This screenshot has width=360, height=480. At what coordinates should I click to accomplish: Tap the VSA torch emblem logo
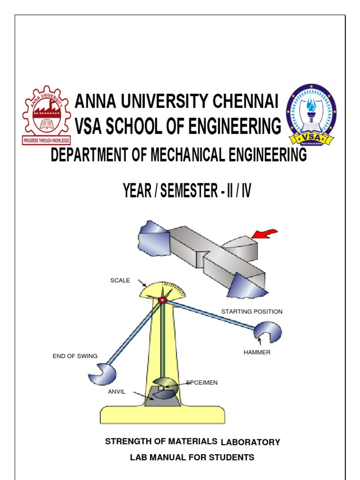click(x=311, y=114)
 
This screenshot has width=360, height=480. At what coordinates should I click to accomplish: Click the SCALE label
click(x=120, y=280)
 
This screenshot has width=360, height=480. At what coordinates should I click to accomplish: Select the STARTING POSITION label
click(x=252, y=312)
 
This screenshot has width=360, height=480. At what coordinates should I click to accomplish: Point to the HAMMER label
click(x=257, y=352)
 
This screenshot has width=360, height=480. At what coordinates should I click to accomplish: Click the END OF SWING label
click(x=75, y=356)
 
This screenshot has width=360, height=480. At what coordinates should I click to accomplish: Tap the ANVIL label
click(x=117, y=391)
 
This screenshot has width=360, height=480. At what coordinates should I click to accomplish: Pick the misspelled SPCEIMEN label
click(x=202, y=382)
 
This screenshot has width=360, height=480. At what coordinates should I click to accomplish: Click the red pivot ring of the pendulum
click(x=162, y=300)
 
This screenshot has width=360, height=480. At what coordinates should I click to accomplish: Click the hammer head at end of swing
click(x=103, y=373)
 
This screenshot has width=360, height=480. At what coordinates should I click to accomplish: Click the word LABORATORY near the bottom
click(x=250, y=442)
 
